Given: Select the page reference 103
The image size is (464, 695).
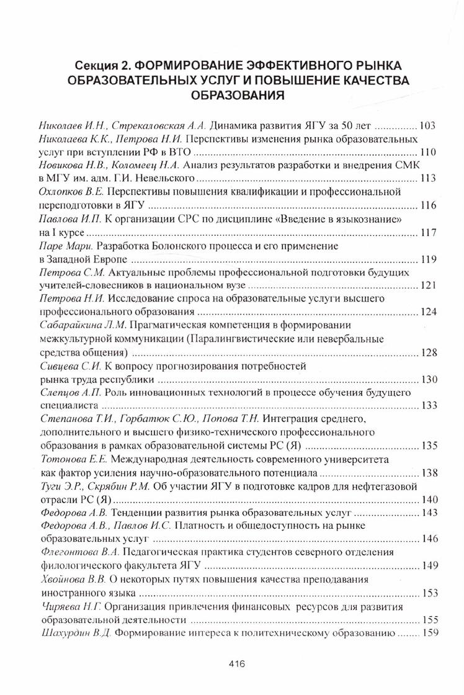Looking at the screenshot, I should (x=428, y=125).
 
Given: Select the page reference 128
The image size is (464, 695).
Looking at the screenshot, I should (x=428, y=352).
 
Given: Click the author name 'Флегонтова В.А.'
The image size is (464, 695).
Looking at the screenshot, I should (x=81, y=552).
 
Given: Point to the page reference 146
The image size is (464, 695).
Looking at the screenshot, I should (x=428, y=539).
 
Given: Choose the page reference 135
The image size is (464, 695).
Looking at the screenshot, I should (x=428, y=446).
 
